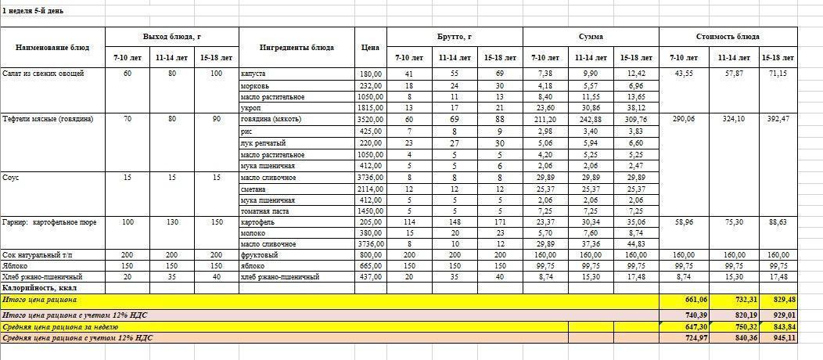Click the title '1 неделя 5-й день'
pyautogui.click(x=34, y=12)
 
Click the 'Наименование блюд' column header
pyautogui.click(x=52, y=48)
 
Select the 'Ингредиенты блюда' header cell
pyautogui.click(x=296, y=48)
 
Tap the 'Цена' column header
pyautogui.click(x=370, y=48)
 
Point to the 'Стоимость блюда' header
pyautogui.click(x=728, y=37)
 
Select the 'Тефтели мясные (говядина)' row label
pyautogui.click(x=48, y=120)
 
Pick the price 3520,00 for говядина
pyautogui.click(x=370, y=120)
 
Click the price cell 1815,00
pyautogui.click(x=370, y=108)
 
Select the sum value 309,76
pyautogui.click(x=637, y=120)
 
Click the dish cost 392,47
pyautogui.click(x=778, y=120)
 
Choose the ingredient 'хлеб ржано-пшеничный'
pyautogui.click(x=279, y=277)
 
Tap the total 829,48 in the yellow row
pyautogui.click(x=778, y=300)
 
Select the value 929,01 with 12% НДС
pyautogui.click(x=778, y=314)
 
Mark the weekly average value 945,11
pyautogui.click(x=778, y=338)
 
